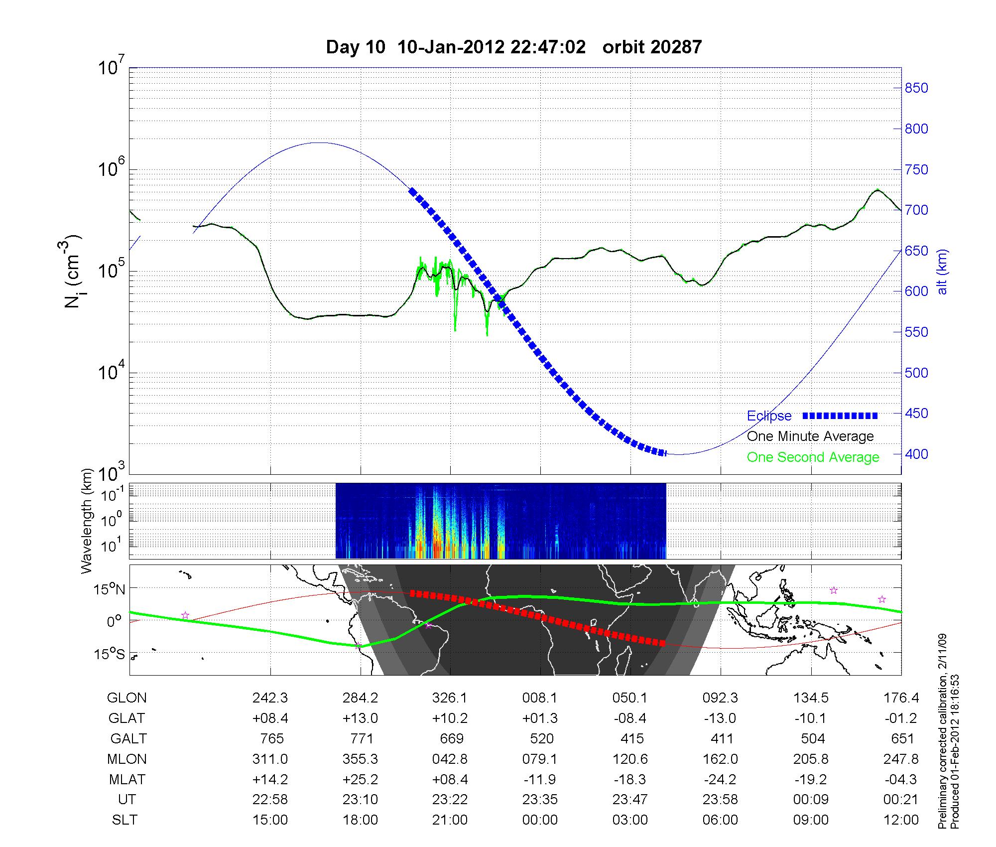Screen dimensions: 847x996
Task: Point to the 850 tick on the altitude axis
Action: tap(916, 88)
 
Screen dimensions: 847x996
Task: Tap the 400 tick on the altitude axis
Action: tap(916, 454)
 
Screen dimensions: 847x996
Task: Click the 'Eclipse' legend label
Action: tap(769, 416)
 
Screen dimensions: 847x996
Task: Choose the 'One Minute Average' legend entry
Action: tap(810, 436)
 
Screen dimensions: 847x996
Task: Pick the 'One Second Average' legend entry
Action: tap(813, 457)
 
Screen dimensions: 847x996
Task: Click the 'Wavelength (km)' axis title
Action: tap(87, 521)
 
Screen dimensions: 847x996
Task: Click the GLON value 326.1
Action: tap(450, 698)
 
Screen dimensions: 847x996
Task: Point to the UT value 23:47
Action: tap(630, 799)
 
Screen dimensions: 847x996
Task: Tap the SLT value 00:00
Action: tap(540, 820)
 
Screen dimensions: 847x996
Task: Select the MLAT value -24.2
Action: tap(720, 779)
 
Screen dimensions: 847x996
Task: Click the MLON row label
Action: tap(126, 759)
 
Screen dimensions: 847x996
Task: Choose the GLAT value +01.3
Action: tap(540, 718)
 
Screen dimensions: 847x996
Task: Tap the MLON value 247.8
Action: tap(901, 759)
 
